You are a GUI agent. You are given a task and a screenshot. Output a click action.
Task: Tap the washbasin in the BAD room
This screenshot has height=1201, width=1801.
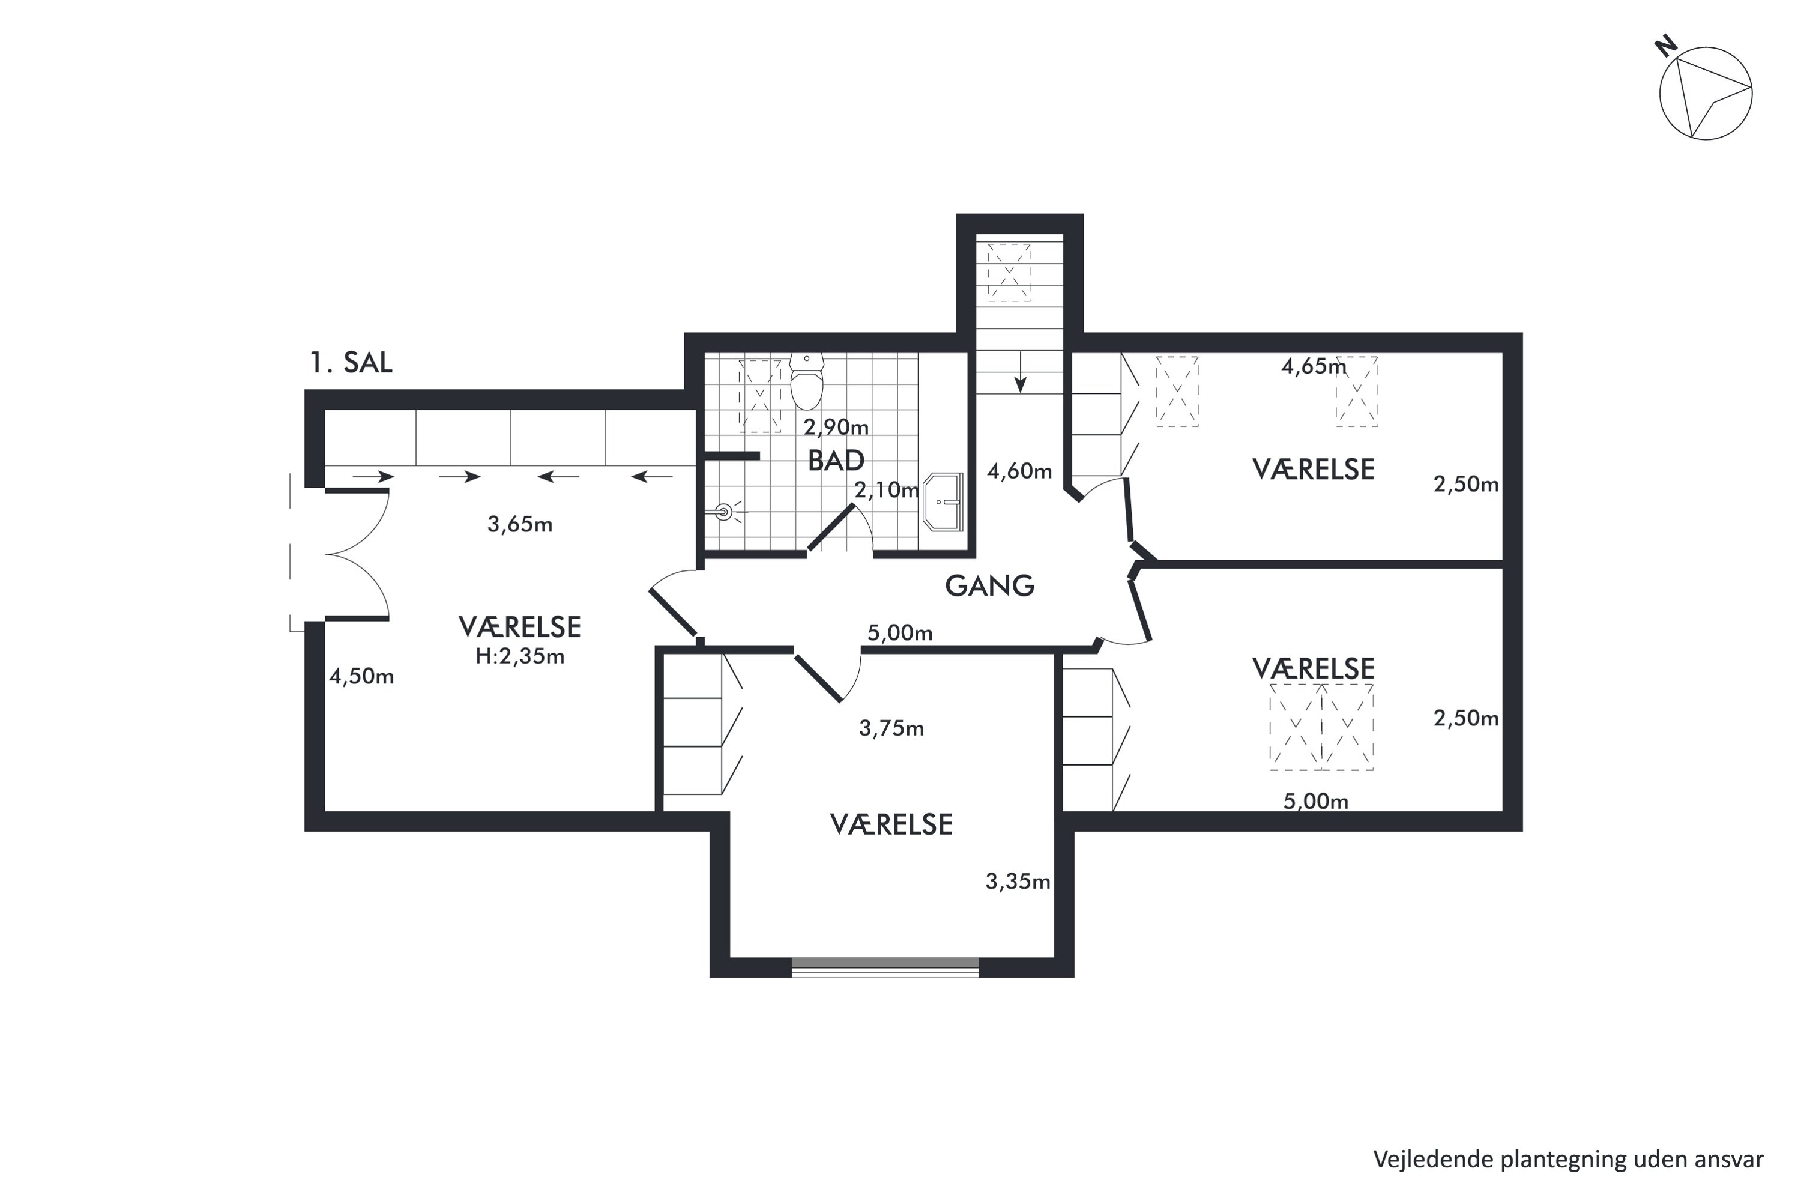tap(943, 501)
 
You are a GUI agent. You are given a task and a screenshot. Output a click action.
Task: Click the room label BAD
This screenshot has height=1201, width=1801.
tap(836, 461)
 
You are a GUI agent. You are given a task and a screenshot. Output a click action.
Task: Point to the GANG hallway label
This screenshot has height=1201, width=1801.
tap(989, 586)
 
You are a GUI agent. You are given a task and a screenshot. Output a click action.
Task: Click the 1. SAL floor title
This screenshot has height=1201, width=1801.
tap(351, 362)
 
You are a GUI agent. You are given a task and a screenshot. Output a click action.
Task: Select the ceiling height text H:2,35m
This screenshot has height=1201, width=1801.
tap(520, 656)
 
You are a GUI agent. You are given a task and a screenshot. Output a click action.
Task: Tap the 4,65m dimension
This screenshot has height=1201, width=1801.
tap(1314, 367)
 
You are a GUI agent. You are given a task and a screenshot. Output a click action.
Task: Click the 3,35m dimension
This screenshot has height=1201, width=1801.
tap(1018, 882)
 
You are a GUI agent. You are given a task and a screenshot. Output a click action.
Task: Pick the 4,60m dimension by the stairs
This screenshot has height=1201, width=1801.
tap(1019, 471)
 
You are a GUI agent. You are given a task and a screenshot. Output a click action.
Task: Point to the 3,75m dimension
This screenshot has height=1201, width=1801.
tap(891, 728)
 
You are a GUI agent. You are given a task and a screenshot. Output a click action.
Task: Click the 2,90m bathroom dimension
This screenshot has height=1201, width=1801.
tap(836, 426)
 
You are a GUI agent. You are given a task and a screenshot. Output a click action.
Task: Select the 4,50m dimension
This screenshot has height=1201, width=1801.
tap(361, 676)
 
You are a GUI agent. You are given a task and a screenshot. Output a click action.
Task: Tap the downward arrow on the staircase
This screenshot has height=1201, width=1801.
tap(1020, 372)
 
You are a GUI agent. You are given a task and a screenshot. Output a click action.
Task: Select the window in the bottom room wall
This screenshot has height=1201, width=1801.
tap(885, 967)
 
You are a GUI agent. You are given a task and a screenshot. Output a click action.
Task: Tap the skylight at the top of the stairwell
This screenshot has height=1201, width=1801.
tap(1009, 272)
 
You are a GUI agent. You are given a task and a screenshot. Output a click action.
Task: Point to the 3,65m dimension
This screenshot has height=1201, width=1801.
tap(520, 525)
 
